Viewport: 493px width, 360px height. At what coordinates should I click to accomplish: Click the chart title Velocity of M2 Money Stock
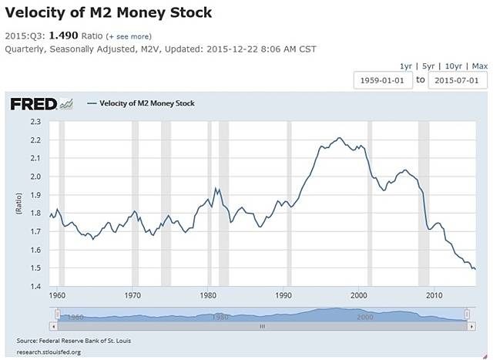pyautogui.click(x=109, y=14)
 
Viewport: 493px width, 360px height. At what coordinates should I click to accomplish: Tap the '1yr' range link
pyautogui.click(x=407, y=66)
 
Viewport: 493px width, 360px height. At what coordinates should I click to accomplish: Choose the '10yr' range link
pyautogui.click(x=454, y=66)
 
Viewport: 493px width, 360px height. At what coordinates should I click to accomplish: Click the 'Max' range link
pyautogui.click(x=479, y=66)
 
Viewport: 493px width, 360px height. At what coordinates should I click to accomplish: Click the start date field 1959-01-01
pyautogui.click(x=384, y=80)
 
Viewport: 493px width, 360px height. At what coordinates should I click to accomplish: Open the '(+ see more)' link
pyautogui.click(x=129, y=36)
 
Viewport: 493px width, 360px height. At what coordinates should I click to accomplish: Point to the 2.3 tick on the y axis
pyautogui.click(x=35, y=122)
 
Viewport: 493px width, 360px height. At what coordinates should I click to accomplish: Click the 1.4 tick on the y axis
pyautogui.click(x=35, y=286)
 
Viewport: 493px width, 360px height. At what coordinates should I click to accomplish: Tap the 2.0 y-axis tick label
pyautogui.click(x=35, y=177)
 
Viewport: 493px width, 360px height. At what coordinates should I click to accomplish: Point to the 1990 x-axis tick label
pyautogui.click(x=283, y=295)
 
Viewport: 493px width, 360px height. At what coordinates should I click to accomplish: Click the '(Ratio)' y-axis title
pyautogui.click(x=18, y=204)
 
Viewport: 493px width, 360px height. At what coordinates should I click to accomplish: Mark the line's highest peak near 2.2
pyautogui.click(x=339, y=138)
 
